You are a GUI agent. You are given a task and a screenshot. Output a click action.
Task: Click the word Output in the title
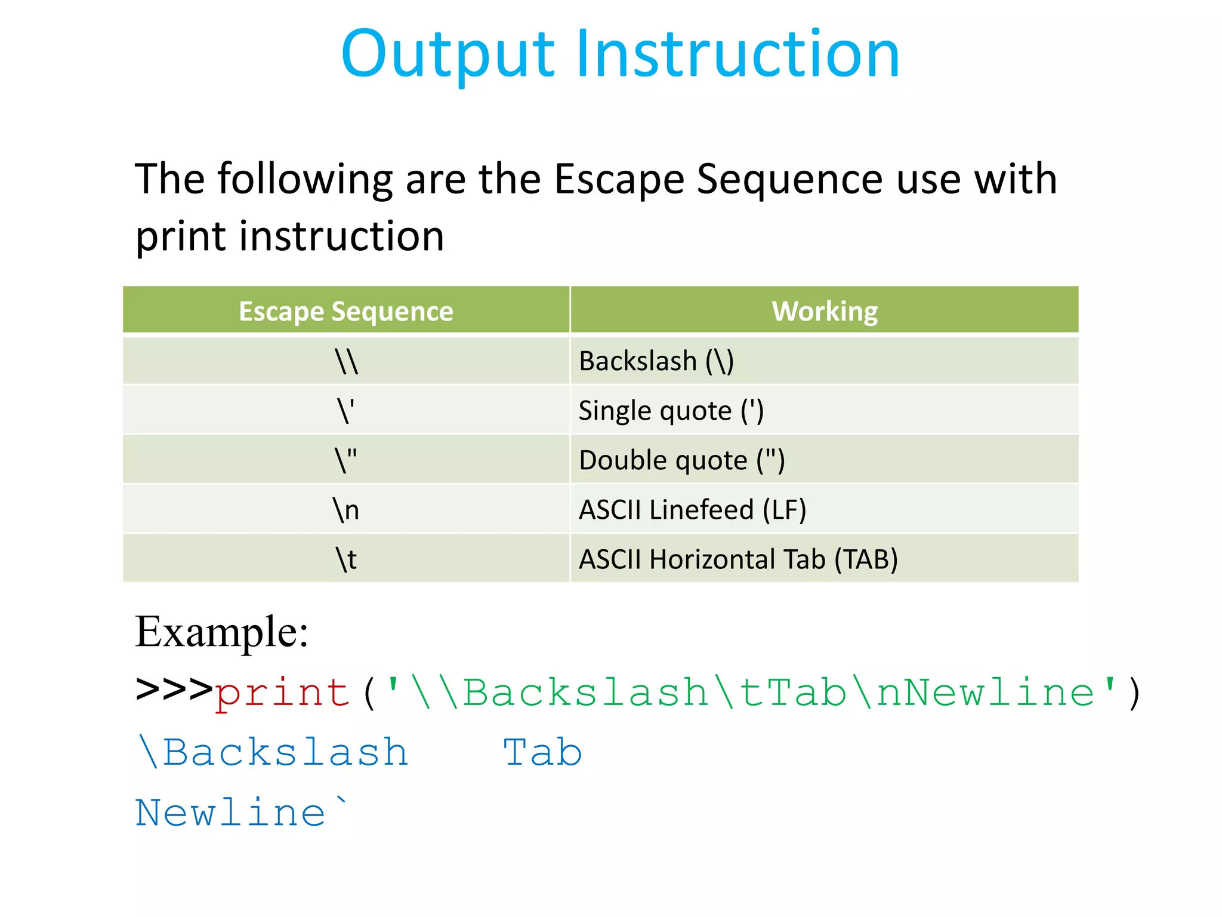[x=448, y=55]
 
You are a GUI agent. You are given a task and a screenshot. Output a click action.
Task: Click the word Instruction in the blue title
[x=737, y=55]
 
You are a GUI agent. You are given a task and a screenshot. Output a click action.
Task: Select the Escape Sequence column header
[x=346, y=311]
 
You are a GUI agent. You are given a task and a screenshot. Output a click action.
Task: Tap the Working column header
[x=825, y=311]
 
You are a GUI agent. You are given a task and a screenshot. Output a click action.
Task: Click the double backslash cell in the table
[x=346, y=361]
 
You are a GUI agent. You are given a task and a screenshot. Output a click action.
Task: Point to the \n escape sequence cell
[x=346, y=510]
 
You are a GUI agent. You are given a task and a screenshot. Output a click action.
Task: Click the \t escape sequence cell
[x=346, y=559]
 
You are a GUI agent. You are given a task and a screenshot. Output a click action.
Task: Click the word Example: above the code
[x=221, y=632]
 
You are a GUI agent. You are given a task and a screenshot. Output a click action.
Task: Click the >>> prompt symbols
[x=174, y=690]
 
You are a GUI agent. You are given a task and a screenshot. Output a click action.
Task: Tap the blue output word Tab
[x=542, y=752]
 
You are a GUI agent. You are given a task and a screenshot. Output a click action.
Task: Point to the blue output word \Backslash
[x=273, y=752]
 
